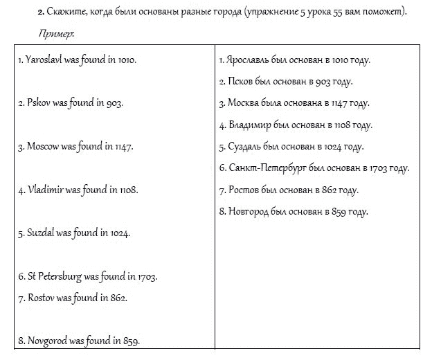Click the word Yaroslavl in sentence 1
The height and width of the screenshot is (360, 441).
(44, 60)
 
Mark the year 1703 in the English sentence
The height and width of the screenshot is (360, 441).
(147, 276)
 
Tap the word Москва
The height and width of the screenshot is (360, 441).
(243, 104)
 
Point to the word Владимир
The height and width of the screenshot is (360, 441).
(251, 125)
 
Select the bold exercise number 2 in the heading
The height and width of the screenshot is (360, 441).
(41, 12)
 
